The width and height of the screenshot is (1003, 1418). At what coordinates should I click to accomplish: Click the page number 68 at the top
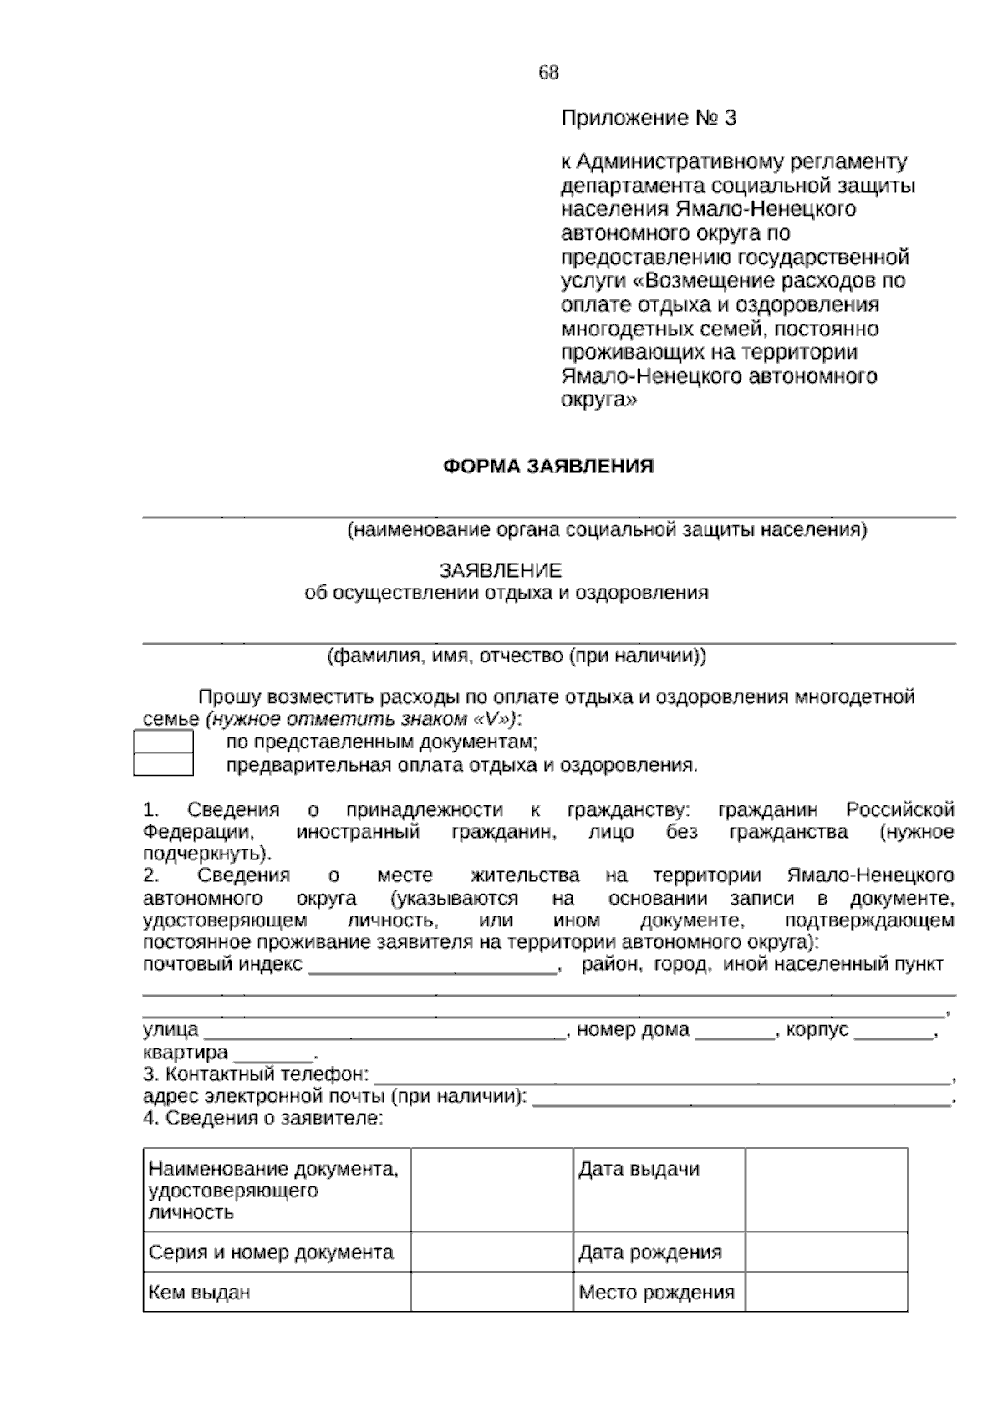[548, 73]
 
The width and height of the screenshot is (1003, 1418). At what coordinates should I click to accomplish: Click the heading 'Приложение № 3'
[648, 118]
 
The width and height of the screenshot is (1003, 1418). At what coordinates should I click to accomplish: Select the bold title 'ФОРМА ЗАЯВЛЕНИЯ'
[547, 467]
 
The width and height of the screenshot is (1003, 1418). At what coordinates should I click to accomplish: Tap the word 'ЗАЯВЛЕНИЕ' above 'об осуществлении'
[500, 571]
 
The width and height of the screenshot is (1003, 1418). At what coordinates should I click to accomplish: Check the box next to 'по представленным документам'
[163, 742]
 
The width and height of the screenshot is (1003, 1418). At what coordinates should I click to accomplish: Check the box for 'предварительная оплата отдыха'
[163, 764]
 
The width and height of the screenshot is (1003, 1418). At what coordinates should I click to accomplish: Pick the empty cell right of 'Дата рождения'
[826, 1252]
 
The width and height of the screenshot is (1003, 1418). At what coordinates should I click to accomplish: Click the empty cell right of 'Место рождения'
[826, 1293]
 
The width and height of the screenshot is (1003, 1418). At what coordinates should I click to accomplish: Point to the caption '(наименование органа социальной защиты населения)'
[607, 529]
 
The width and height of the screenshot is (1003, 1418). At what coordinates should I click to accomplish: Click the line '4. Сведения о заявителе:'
[262, 1119]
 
